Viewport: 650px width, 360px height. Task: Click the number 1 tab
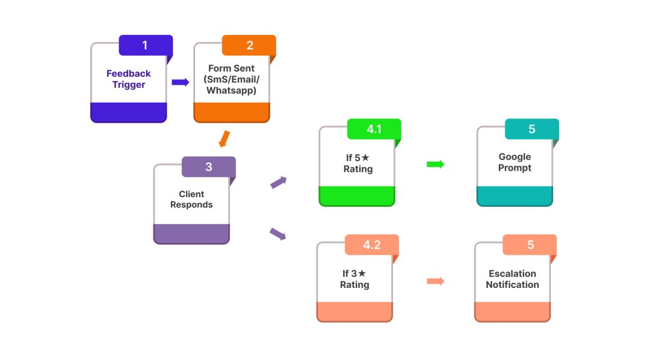pyautogui.click(x=145, y=46)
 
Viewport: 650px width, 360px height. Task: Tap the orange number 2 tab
pyautogui.click(x=249, y=46)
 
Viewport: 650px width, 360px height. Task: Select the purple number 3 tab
pyautogui.click(x=208, y=167)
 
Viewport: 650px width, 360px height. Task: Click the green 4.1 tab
pyautogui.click(x=374, y=129)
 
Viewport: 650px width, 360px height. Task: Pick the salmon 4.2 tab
pyautogui.click(x=371, y=245)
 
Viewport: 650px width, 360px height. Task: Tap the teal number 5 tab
pyautogui.click(x=531, y=129)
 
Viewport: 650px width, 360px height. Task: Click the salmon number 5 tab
pyautogui.click(x=530, y=245)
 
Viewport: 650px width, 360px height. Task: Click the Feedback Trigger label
pyautogui.click(x=129, y=79)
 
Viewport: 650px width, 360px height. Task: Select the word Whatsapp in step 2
pyautogui.click(x=231, y=91)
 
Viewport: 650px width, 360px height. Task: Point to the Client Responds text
pyautogui.click(x=191, y=200)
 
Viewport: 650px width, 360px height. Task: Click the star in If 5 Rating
pyautogui.click(x=365, y=158)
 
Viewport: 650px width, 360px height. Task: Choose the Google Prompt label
pyautogui.click(x=515, y=162)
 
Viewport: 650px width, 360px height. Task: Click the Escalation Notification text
pyautogui.click(x=512, y=279)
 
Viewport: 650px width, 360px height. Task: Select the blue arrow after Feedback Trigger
pyautogui.click(x=180, y=82)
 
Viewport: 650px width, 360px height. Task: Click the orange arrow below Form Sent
pyautogui.click(x=224, y=139)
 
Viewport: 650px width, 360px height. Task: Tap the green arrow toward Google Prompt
pyautogui.click(x=435, y=164)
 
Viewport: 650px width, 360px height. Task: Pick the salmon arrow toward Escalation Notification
pyautogui.click(x=435, y=281)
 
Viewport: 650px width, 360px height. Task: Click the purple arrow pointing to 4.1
pyautogui.click(x=278, y=182)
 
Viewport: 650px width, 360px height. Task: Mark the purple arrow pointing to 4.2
pyautogui.click(x=277, y=234)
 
